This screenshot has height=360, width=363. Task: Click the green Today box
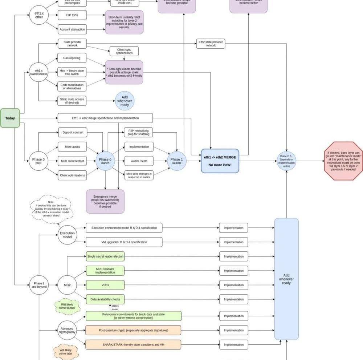(10, 118)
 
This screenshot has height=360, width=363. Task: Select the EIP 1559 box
(72, 15)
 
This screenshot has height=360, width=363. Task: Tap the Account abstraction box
(72, 29)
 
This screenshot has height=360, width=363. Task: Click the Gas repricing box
(72, 58)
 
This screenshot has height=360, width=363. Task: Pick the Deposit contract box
(72, 133)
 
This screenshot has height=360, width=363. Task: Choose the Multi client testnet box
(72, 161)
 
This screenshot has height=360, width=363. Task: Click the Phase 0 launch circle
(105, 161)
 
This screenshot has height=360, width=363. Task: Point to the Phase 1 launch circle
(177, 161)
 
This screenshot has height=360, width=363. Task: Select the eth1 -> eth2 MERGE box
(220, 161)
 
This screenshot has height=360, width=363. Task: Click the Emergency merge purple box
(105, 201)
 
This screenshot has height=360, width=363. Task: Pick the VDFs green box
(105, 285)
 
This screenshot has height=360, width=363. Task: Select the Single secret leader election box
(105, 256)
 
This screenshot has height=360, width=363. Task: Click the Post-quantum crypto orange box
(133, 330)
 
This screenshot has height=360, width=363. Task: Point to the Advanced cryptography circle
(67, 330)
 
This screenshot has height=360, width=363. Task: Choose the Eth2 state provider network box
(211, 44)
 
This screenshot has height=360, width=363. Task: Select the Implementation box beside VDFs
(233, 285)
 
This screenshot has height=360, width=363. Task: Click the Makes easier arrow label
(115, 308)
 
